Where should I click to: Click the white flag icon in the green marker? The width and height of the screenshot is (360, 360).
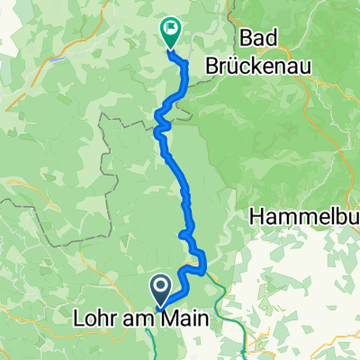point(169,28)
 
